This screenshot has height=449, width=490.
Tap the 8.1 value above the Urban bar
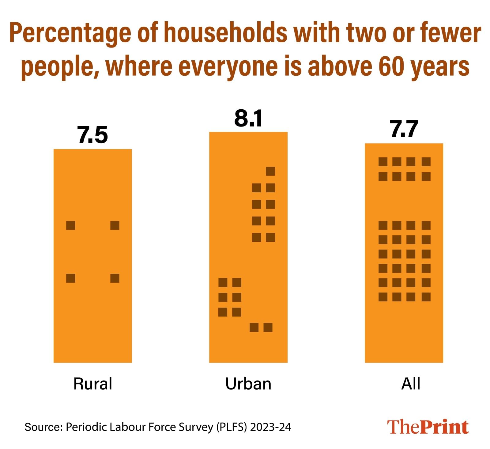click(x=248, y=119)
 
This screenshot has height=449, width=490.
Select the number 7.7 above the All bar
click(x=404, y=130)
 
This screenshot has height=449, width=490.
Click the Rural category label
click(x=93, y=383)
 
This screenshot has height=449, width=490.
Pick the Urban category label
click(x=248, y=383)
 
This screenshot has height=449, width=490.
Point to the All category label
click(x=410, y=383)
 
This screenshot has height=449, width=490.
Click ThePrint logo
click(x=428, y=427)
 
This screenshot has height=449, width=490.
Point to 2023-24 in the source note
click(x=270, y=427)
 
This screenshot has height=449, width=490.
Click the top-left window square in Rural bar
click(x=71, y=225)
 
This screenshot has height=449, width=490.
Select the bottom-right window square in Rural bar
click(x=115, y=278)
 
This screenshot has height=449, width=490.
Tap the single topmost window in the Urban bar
click(x=270, y=171)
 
